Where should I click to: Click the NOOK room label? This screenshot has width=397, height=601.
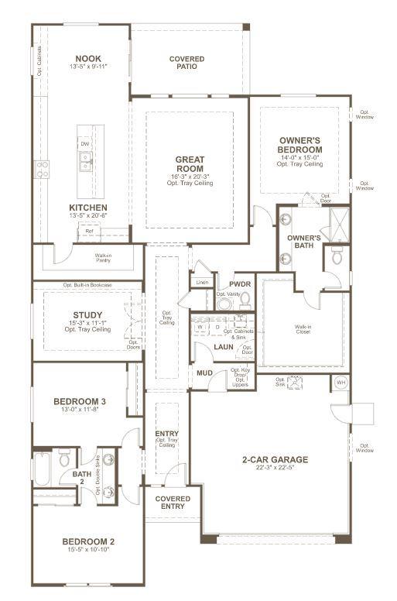(87, 58)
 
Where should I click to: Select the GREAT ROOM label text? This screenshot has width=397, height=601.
(190, 164)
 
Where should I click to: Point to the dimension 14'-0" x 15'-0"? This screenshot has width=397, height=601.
(300, 157)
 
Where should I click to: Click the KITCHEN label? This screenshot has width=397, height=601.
(87, 208)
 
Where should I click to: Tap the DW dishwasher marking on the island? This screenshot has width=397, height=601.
(85, 144)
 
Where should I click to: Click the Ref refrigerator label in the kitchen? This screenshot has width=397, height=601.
(89, 231)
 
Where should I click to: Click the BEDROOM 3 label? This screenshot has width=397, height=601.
(80, 401)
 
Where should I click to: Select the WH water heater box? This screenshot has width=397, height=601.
(341, 382)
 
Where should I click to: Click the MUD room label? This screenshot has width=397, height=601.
(204, 373)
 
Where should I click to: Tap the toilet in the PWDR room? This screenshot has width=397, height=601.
(245, 299)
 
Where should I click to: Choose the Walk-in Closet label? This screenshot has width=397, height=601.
(303, 328)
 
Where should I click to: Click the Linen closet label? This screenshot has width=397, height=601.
(202, 282)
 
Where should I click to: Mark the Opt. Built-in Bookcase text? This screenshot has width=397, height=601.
(87, 285)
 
